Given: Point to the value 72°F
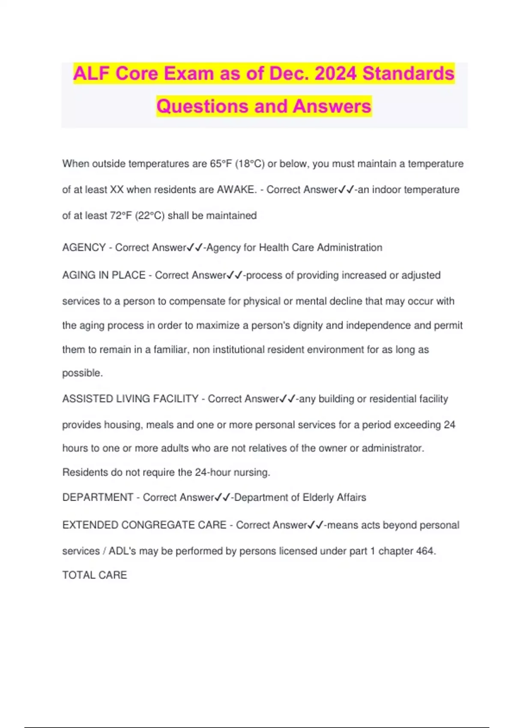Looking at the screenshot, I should tap(121, 215).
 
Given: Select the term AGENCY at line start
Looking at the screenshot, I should tap(84, 248).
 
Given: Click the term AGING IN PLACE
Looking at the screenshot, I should tap(104, 275).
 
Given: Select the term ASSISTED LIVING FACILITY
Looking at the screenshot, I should tap(130, 399).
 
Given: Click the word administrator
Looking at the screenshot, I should tap(393, 448).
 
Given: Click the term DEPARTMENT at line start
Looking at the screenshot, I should tap(98, 497).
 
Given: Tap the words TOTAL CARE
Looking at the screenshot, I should tap(95, 575).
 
